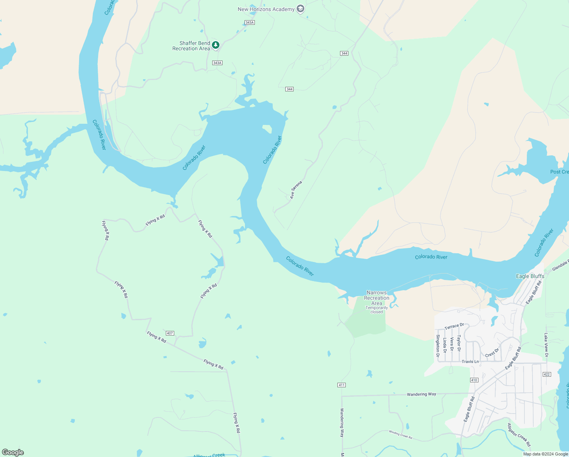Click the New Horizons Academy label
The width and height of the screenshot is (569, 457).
point(266,9)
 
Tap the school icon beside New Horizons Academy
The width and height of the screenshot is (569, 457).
point(300,9)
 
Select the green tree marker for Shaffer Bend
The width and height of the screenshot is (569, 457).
point(216,45)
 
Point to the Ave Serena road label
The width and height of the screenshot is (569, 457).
point(296,190)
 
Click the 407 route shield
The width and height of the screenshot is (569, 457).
point(170,333)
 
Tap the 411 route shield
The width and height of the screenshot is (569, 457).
point(341,385)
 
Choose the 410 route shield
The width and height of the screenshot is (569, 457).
point(474,380)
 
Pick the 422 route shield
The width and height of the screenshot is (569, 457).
point(547,374)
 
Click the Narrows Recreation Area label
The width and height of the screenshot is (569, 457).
point(377,298)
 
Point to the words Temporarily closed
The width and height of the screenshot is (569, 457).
point(377,310)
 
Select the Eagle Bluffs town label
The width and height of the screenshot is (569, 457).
point(530,276)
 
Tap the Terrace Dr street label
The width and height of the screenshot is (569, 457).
point(454,326)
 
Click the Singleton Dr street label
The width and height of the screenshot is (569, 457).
point(438,346)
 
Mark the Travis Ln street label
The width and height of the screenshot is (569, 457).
point(470,361)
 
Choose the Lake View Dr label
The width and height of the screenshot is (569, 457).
point(546,345)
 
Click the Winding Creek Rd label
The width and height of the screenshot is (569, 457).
point(400,435)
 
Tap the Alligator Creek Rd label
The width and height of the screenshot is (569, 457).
point(519,435)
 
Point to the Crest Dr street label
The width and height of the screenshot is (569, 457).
point(492,353)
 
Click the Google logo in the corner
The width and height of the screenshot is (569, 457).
point(13,452)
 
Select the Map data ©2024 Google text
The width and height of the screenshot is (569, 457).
point(545,454)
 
